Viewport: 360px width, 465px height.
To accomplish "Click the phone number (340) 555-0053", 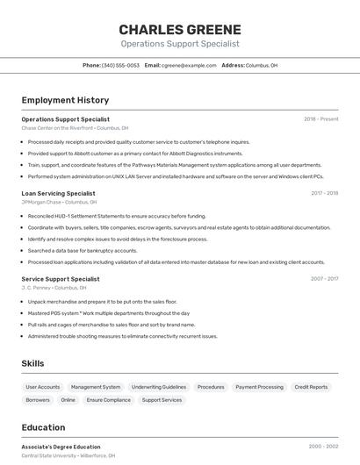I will [x=120, y=65].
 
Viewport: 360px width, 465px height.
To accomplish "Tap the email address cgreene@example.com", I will [x=189, y=65].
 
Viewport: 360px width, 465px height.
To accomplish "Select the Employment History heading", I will [x=65, y=100].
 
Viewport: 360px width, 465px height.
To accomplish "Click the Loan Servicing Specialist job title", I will [x=58, y=193].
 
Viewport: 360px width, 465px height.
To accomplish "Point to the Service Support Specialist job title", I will [x=61, y=279].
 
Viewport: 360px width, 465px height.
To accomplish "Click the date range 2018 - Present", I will [x=320, y=119].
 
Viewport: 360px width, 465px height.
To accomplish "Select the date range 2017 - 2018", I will [x=324, y=193].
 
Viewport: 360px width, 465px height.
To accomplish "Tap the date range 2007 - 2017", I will [x=324, y=279].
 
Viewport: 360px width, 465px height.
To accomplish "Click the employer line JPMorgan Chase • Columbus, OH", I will [x=59, y=202].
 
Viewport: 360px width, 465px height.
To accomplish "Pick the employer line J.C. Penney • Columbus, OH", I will [x=54, y=288].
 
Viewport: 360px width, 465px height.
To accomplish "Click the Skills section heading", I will [x=32, y=363].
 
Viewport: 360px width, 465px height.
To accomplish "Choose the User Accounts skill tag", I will [x=43, y=387].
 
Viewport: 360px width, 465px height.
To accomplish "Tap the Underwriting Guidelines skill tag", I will [x=159, y=387].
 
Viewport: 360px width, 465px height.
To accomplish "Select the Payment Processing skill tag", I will [x=259, y=387].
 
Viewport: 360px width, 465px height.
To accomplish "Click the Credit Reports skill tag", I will [x=311, y=387].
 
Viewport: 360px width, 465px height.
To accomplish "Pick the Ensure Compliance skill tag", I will [x=108, y=400].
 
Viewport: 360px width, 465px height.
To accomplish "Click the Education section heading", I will [x=43, y=427].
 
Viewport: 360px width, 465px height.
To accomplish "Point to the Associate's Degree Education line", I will [x=61, y=447].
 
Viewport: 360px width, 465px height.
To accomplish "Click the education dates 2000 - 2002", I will [x=323, y=447].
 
